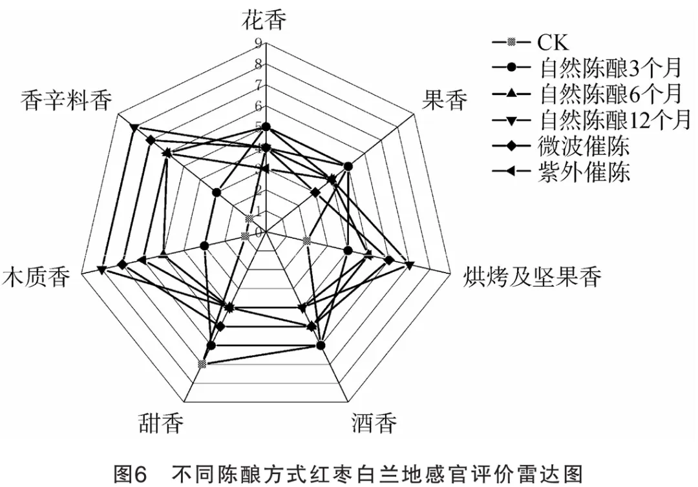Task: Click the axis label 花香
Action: coord(265,20)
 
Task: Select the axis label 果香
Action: coord(444,101)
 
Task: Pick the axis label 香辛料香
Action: coord(66,101)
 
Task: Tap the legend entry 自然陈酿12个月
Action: coord(615,119)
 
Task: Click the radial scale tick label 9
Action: coord(259,44)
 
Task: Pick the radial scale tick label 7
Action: coord(259,85)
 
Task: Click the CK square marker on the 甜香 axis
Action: coord(202,365)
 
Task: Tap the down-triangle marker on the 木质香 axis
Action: coord(102,269)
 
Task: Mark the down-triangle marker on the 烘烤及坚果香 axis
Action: coord(409,264)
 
